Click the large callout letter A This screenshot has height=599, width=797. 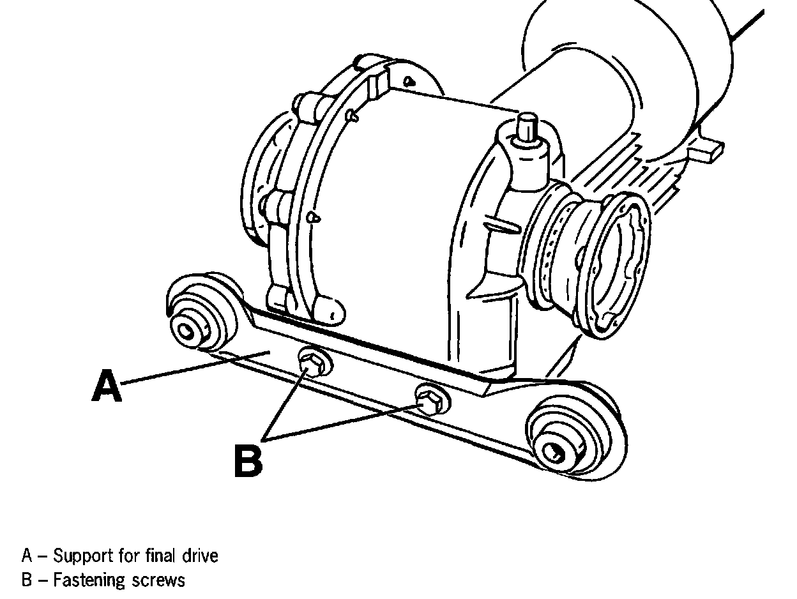click(x=107, y=386)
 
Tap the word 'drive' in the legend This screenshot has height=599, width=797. click(x=197, y=556)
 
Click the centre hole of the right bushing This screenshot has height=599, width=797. click(x=553, y=451)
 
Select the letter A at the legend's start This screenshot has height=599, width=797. click(x=26, y=556)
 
